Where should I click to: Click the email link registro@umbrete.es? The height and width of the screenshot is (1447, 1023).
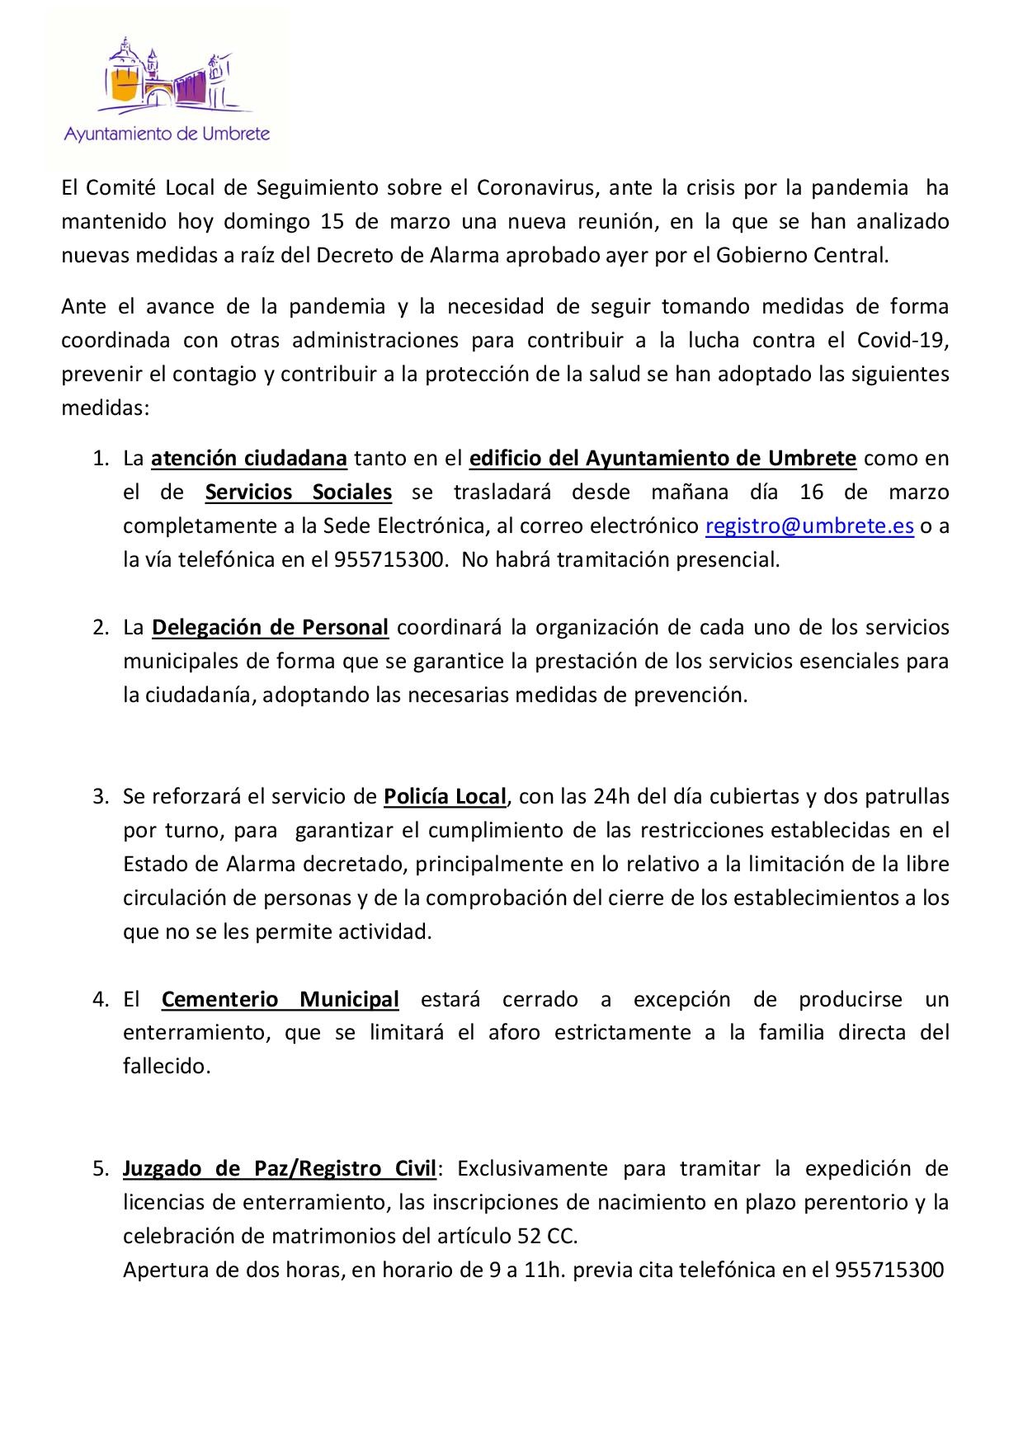(809, 526)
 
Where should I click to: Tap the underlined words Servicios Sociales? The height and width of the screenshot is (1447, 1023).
(298, 493)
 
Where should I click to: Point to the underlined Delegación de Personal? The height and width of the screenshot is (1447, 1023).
(270, 627)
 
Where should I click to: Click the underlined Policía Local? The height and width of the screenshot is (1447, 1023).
(445, 797)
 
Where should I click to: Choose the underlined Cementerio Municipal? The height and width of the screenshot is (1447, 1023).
(280, 1000)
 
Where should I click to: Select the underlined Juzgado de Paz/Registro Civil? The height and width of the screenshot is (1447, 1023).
(280, 1169)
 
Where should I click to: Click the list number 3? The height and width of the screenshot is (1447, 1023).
(100, 797)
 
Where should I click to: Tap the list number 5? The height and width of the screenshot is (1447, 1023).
(100, 1169)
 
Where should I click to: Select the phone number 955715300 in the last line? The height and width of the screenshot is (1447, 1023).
(889, 1270)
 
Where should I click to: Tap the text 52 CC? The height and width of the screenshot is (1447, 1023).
(551, 1237)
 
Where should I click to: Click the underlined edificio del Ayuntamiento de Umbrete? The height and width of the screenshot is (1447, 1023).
(662, 458)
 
